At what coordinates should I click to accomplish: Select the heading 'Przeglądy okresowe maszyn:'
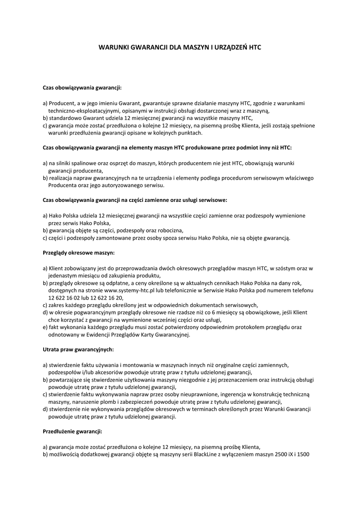coord(78,253)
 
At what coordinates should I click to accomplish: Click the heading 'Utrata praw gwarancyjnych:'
coord(78,349)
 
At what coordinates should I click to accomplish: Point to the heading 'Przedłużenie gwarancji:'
coord(72,431)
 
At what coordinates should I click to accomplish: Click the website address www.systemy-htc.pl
coord(132,290)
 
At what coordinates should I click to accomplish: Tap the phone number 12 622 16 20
coord(106,297)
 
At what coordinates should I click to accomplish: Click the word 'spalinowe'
coord(87,163)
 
